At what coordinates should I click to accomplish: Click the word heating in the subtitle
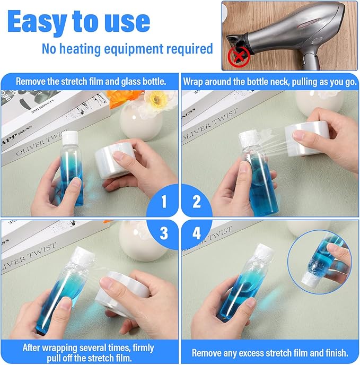point(80,49)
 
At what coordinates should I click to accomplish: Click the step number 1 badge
point(162,201)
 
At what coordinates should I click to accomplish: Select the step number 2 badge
point(197,201)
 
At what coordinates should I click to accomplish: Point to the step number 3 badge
point(163,233)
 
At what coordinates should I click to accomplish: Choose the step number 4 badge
point(197,233)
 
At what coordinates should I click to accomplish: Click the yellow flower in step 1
point(156,99)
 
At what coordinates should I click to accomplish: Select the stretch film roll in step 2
point(307,139)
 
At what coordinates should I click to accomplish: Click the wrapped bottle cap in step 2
point(250,139)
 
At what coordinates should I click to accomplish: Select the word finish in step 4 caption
point(337,353)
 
